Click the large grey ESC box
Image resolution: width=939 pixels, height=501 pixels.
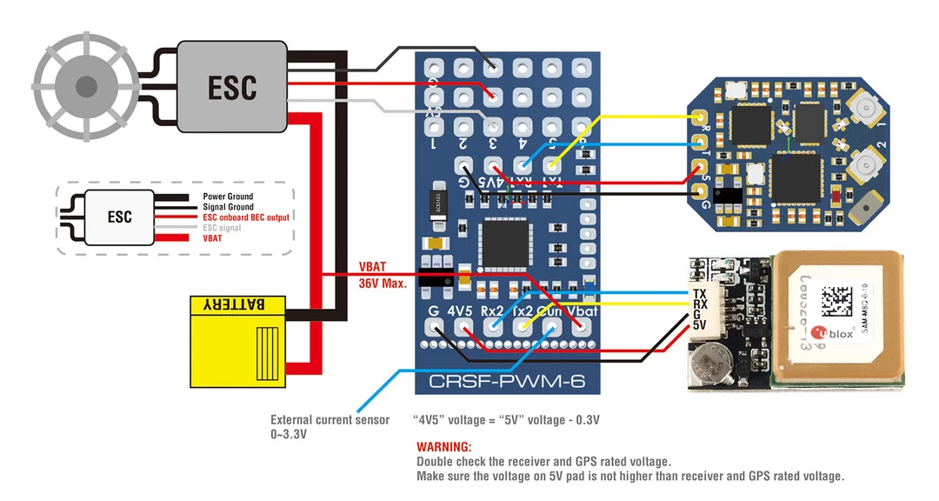[232, 88]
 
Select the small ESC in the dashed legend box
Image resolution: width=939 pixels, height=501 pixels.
[120, 217]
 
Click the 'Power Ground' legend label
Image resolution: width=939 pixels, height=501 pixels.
[228, 197]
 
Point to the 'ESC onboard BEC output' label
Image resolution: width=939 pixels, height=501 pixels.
[246, 217]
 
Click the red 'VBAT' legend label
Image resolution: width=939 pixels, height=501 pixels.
[212, 237]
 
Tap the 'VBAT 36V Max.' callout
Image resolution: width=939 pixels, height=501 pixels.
[383, 276]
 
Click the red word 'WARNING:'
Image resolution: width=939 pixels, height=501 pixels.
[443, 447]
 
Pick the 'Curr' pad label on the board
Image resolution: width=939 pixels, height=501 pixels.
[551, 311]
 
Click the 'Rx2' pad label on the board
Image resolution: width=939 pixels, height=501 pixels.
[493, 311]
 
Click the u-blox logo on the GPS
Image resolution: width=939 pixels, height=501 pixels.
[838, 334]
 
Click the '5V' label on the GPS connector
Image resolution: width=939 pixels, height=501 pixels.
[699, 325]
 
